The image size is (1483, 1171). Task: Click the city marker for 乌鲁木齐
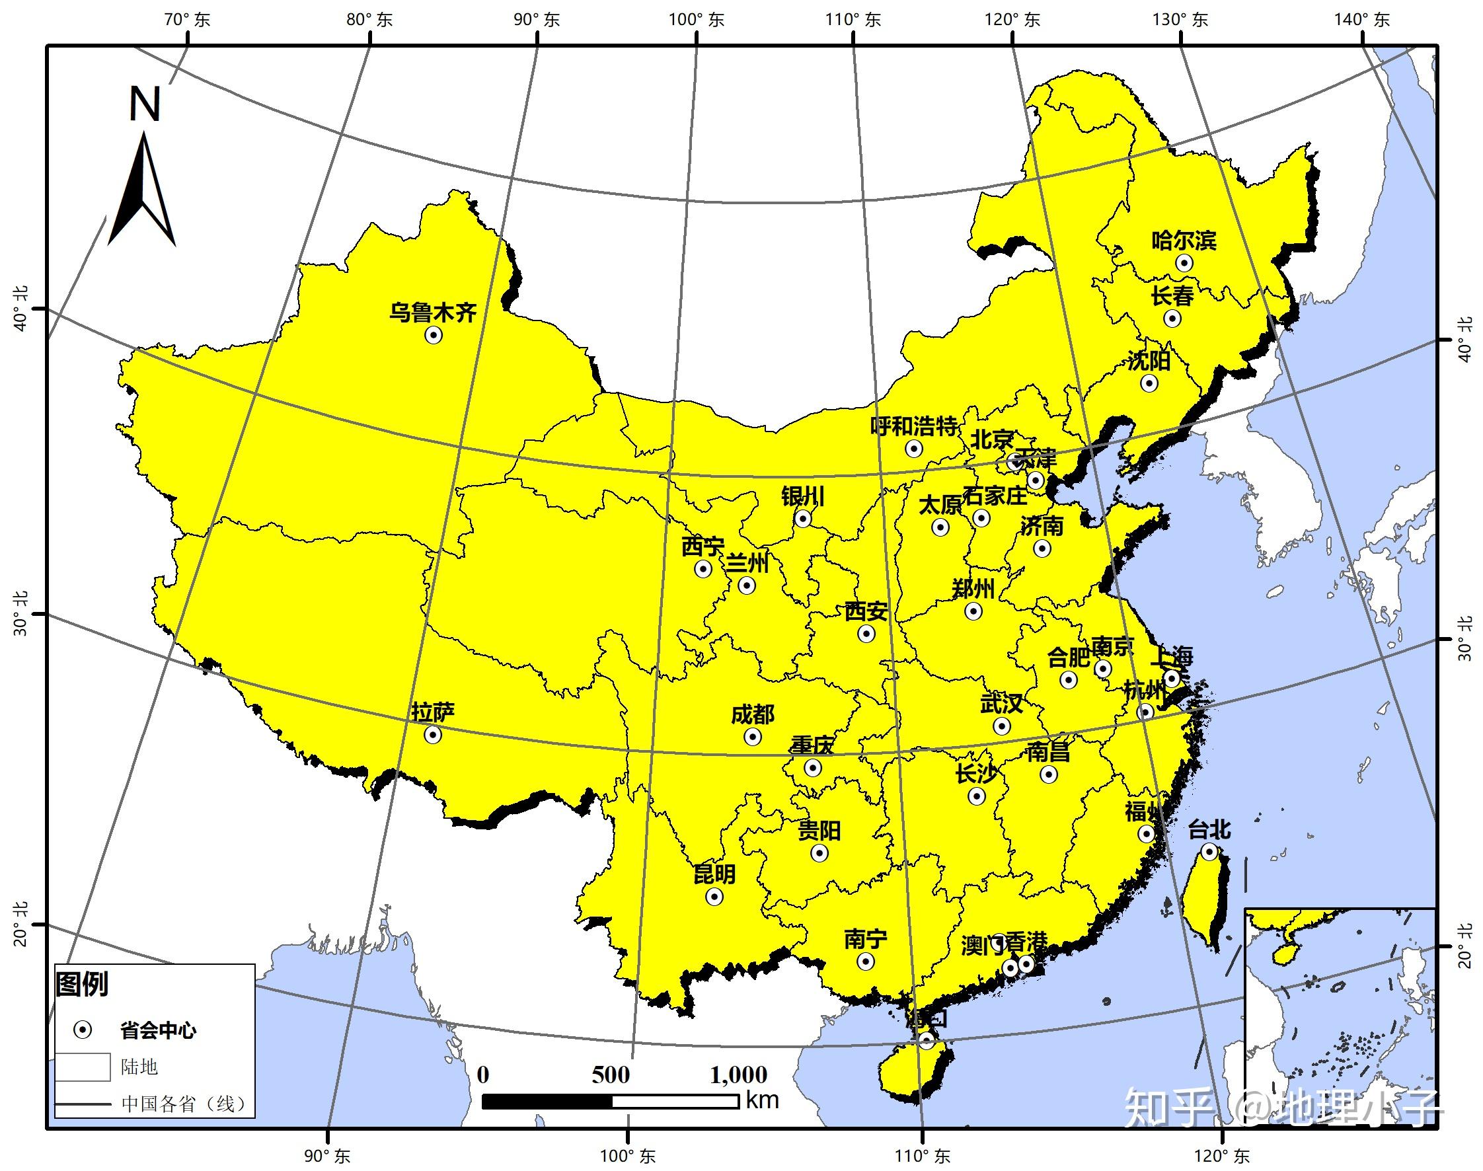434,334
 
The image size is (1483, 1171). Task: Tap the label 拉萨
433,712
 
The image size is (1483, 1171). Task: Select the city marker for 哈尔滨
1184,262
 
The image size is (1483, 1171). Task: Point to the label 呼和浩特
913,426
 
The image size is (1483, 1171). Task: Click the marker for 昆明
714,896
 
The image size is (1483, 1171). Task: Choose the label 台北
1209,829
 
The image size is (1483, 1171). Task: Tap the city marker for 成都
753,737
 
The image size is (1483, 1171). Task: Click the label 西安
865,611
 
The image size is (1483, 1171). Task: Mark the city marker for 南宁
866,962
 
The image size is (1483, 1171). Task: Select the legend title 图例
82,984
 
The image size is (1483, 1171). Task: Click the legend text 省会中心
158,1030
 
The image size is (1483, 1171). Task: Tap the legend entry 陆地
139,1067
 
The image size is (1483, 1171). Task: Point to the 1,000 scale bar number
738,1075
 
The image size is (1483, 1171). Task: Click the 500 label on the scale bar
610,1075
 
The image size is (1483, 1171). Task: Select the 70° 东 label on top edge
187,19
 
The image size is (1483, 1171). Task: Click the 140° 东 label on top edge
1361,19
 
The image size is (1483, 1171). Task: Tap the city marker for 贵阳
819,853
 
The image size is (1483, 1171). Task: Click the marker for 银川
804,518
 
